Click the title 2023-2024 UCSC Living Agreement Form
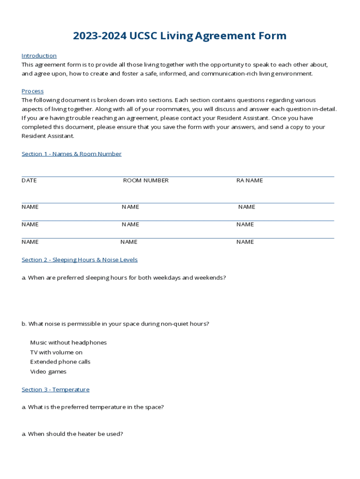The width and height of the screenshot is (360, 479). click(x=180, y=36)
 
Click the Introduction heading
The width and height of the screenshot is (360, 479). click(x=39, y=56)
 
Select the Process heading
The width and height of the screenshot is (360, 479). click(x=32, y=91)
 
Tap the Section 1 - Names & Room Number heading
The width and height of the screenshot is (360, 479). click(x=72, y=154)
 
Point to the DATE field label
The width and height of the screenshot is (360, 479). click(x=29, y=181)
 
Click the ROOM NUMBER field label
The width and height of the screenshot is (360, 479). click(x=146, y=181)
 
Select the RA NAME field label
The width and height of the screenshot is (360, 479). click(x=250, y=181)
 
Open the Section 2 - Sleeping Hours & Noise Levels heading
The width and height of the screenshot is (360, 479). click(x=79, y=260)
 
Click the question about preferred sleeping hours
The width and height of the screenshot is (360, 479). click(x=124, y=278)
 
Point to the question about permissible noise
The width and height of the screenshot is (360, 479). click(x=115, y=324)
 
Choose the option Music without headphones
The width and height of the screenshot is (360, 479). click(x=68, y=343)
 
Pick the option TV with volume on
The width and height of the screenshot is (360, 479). click(x=56, y=353)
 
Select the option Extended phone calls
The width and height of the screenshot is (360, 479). click(x=60, y=362)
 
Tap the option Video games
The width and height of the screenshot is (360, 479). click(x=48, y=372)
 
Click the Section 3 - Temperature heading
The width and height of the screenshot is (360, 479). click(x=55, y=390)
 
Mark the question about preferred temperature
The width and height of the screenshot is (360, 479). click(x=93, y=407)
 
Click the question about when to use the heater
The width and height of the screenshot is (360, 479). click(x=72, y=434)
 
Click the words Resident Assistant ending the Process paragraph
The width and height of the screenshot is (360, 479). click(x=48, y=136)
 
